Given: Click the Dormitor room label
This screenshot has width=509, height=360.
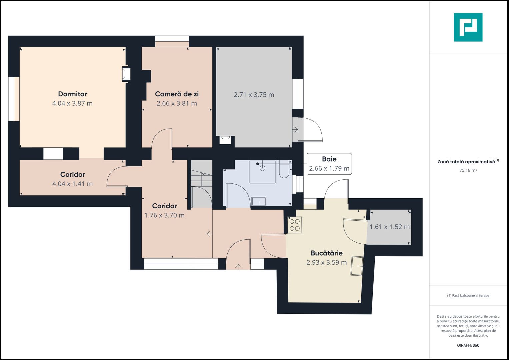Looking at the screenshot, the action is point(72,94).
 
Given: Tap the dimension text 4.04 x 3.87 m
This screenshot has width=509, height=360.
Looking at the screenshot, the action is point(72,103).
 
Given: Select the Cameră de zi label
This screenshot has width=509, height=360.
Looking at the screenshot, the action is point(177,94).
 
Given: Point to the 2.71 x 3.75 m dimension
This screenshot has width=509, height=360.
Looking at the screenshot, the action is point(254,95).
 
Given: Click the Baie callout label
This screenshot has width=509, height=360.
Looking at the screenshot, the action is point(329,159).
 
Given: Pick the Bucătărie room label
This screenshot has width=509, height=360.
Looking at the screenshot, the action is point(327,253).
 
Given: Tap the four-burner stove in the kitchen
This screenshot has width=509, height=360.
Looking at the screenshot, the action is point(295,225).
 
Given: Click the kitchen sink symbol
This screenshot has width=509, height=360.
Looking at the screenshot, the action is point(357,266).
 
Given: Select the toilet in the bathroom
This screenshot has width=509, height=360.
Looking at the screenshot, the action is point(284,169).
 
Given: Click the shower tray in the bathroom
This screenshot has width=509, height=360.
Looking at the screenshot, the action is point(262,172).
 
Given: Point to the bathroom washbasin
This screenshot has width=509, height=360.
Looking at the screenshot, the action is point(259,201).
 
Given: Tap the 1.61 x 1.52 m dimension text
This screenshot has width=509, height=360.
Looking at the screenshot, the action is point(390,227).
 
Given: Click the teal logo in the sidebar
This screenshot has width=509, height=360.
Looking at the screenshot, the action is point(468,27).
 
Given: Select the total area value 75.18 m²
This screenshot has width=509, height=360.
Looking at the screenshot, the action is point(468,170).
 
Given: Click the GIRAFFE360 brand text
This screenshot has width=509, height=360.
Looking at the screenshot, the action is point(468,345).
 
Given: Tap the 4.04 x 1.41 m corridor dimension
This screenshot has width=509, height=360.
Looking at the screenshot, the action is point(72,184).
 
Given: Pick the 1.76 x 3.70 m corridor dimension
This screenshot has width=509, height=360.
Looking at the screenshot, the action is point(165,215).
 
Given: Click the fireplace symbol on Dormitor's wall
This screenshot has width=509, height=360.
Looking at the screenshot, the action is point(126,74).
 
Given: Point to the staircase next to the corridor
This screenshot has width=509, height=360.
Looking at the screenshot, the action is point(202,184).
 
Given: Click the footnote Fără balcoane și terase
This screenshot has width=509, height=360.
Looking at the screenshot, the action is point(468,295).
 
